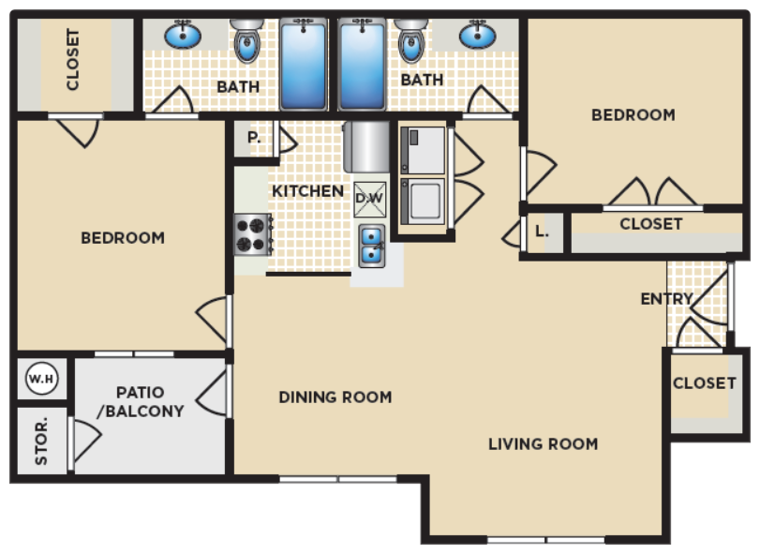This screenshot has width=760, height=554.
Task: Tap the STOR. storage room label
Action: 42,441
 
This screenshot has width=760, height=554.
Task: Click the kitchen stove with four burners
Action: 252,234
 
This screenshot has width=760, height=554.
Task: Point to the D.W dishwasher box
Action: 369,198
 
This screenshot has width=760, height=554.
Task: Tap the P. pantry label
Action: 253,137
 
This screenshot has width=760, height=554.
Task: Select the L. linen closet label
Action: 542,230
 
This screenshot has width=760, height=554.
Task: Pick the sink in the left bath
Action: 183,36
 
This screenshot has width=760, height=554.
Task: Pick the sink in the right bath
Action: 477,36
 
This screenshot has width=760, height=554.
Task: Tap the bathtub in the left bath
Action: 304,64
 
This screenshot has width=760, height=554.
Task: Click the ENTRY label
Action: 666,299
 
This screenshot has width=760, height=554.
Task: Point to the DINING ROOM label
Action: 335,397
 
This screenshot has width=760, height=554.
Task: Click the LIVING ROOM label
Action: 543,443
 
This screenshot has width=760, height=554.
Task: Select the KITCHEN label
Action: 307,191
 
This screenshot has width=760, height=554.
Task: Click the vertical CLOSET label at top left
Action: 73,60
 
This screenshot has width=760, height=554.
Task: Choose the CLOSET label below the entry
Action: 704,382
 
